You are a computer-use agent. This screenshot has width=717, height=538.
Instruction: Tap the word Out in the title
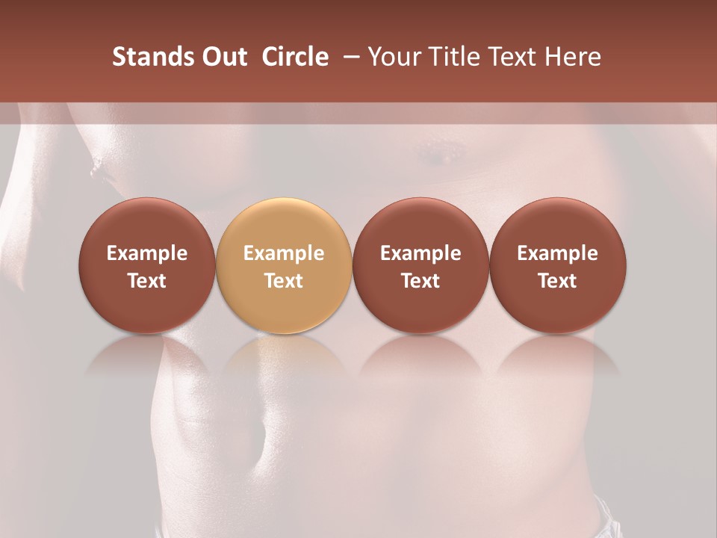point(223,57)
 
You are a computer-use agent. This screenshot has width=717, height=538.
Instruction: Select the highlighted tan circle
point(284,265)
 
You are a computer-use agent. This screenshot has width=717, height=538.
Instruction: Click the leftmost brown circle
point(146,265)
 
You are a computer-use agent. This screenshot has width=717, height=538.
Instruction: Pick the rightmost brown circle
point(557,265)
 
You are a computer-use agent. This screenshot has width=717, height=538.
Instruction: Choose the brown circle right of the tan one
point(420,265)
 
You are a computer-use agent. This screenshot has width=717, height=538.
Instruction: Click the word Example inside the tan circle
point(284,253)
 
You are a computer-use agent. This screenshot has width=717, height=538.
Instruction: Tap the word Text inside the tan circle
point(284,281)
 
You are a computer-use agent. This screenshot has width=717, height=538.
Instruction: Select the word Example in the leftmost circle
point(146,253)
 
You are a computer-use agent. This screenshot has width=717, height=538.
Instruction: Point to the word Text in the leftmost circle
point(146,281)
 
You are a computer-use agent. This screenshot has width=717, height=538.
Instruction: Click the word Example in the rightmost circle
point(557,253)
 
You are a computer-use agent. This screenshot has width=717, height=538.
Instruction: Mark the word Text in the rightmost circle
point(557,281)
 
